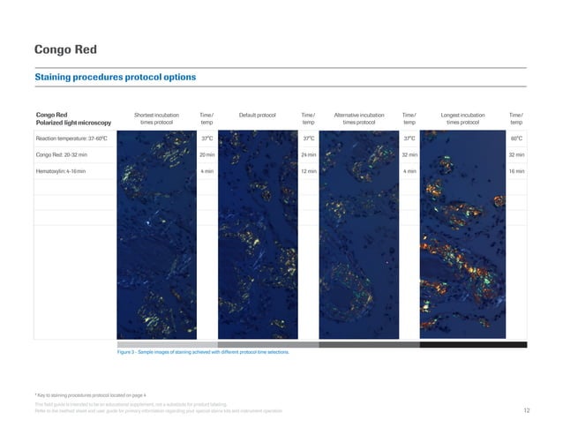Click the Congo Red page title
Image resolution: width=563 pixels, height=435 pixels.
pos(65,49)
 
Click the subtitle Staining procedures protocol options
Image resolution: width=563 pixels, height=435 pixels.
pos(115,77)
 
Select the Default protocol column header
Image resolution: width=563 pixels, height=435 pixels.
pos(258,115)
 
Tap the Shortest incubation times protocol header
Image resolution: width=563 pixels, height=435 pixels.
pos(156,119)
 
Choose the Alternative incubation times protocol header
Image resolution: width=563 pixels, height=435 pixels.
pos(359,119)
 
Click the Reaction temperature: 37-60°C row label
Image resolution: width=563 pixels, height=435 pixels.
pos(71,139)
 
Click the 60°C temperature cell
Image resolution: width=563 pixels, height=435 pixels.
pos(516,139)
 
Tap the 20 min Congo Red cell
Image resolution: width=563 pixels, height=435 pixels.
pos(207,154)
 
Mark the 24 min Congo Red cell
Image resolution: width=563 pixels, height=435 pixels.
pos(309,154)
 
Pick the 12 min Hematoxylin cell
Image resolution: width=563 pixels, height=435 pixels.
pos(309,170)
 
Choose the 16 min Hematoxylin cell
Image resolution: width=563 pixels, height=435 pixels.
pos(516,170)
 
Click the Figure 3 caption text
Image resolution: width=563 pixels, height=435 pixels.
pos(203,352)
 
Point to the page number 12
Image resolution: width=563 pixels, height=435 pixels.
pos(526,411)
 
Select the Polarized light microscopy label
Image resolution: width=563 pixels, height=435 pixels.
pos(73,124)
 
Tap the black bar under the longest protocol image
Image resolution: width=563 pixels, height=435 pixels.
pos(477,344)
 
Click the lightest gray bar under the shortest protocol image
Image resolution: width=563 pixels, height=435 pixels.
pos(167,344)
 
